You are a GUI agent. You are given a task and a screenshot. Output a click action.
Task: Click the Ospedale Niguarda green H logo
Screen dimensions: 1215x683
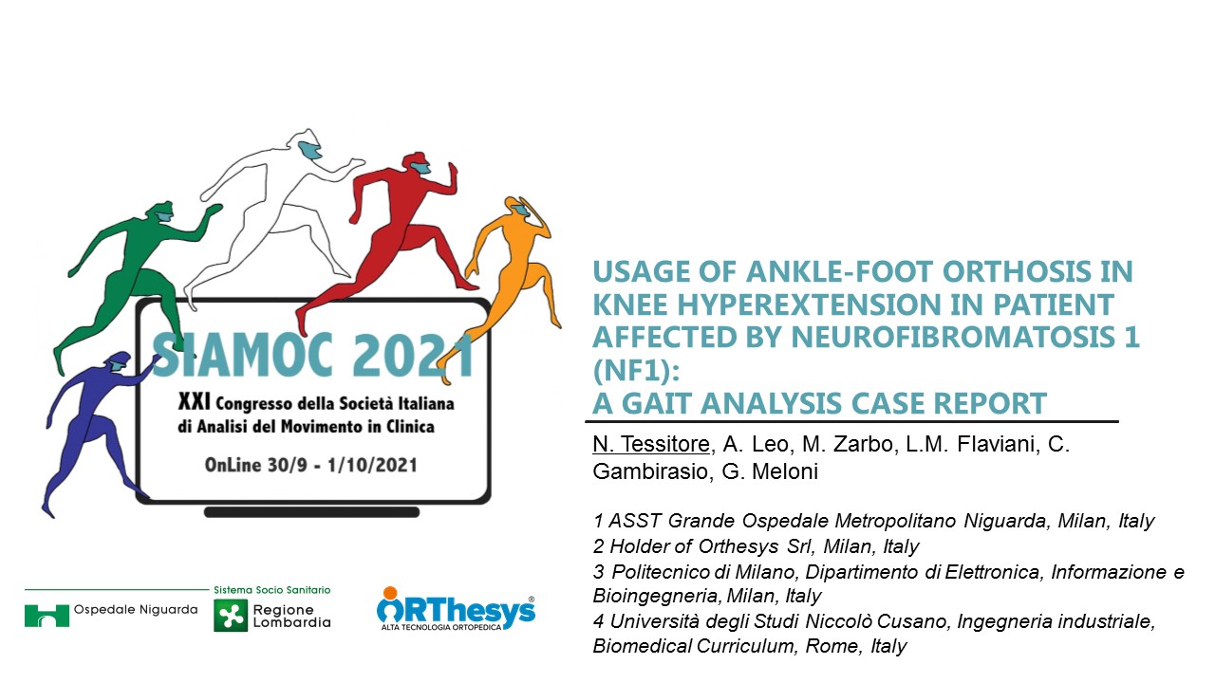pyautogui.click(x=47, y=616)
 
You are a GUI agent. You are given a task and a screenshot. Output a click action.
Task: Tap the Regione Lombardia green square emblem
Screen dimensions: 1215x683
pyautogui.click(x=231, y=616)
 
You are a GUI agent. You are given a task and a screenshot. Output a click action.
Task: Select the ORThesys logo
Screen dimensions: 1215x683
pyautogui.click(x=456, y=609)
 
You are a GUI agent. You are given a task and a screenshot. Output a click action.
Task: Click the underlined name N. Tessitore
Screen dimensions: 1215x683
pyautogui.click(x=651, y=444)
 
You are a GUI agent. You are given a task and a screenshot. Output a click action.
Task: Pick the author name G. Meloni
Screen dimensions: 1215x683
pyautogui.click(x=770, y=471)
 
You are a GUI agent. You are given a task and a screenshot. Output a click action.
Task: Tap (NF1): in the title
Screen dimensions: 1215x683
pyautogui.click(x=636, y=371)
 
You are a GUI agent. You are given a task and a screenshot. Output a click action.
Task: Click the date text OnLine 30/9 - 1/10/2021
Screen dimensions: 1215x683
pyautogui.click(x=310, y=465)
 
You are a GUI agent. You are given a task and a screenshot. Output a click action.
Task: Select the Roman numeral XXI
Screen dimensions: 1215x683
pyautogui.click(x=194, y=402)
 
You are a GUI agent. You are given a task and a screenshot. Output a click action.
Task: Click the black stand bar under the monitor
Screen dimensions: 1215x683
pyautogui.click(x=312, y=512)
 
